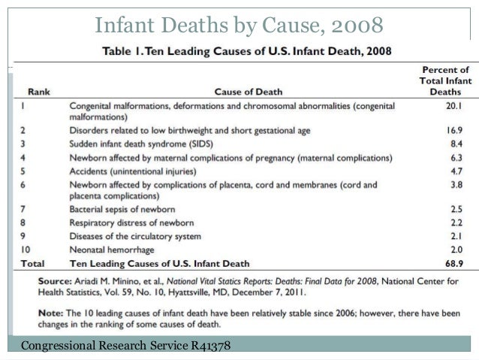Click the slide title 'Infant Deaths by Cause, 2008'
click(239, 25)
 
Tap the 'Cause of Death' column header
click(248, 92)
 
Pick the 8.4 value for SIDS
click(453, 144)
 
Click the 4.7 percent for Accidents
click(453, 171)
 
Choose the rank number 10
click(25, 250)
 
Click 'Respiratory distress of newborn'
click(131, 222)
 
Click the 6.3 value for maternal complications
click(453, 157)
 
